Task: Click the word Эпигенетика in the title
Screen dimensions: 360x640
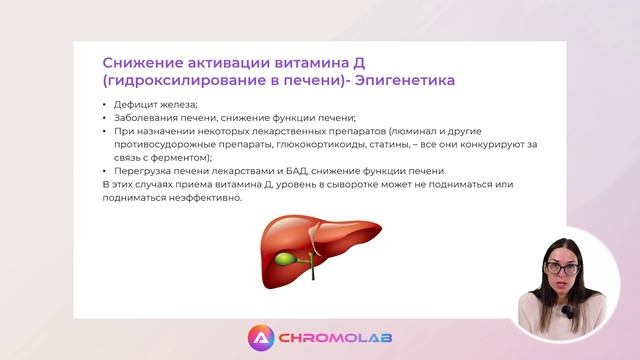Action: tap(409, 78)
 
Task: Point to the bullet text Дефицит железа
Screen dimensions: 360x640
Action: tap(156, 105)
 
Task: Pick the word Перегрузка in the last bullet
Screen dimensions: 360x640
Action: tap(143, 170)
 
